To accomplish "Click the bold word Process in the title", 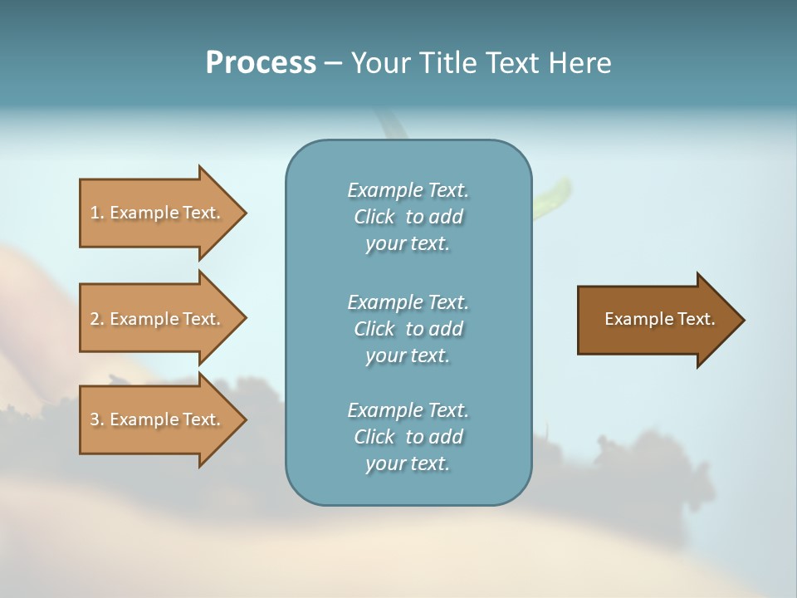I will [261, 63].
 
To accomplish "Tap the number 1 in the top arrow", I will [95, 213].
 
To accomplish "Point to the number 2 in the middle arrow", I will [95, 319].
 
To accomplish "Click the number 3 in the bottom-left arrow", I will [95, 419].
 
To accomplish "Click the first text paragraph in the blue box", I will [408, 217].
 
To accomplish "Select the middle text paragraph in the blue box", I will [408, 329].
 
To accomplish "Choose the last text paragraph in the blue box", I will [408, 437].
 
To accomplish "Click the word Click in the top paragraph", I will [374, 217].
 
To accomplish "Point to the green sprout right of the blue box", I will [550, 199].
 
